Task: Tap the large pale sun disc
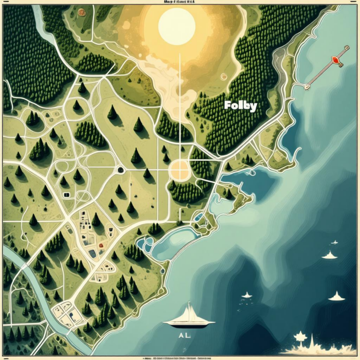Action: click(176, 26)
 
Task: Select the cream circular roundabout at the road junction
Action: click(179, 169)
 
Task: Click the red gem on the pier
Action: click(332, 60)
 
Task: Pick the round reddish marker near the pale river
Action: click(81, 11)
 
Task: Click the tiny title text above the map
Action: click(180, 2)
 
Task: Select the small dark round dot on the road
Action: click(121, 170)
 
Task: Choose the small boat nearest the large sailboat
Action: click(247, 295)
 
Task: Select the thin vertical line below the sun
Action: click(179, 98)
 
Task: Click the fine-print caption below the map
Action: click(180, 357)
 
